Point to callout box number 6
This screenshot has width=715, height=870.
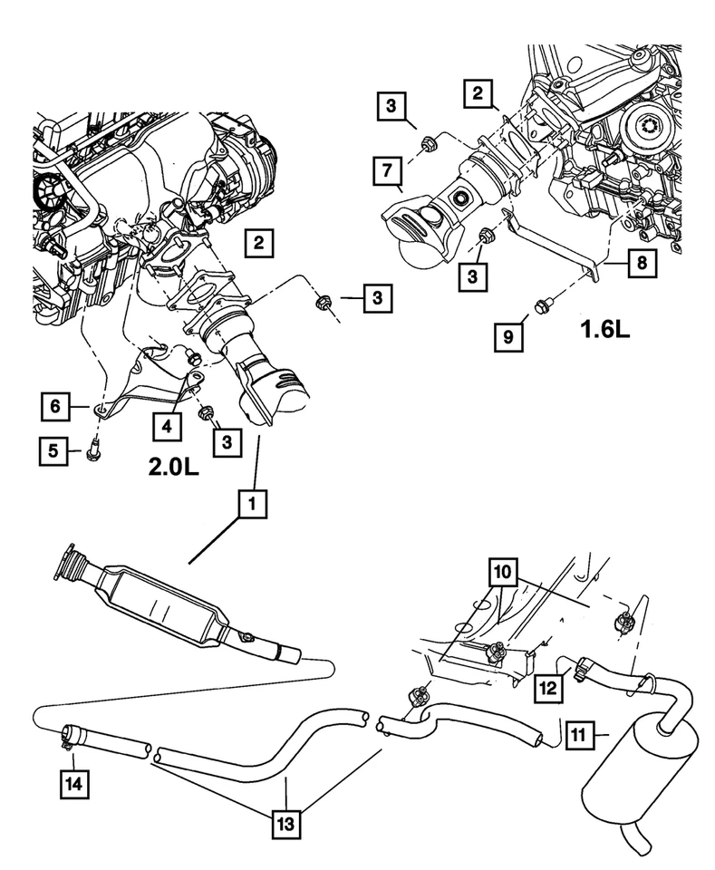[x=54, y=408]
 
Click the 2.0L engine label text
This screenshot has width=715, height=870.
[x=170, y=468]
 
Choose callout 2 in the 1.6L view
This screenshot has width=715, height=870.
[x=480, y=92]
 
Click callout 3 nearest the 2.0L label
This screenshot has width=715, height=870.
[x=227, y=441]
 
